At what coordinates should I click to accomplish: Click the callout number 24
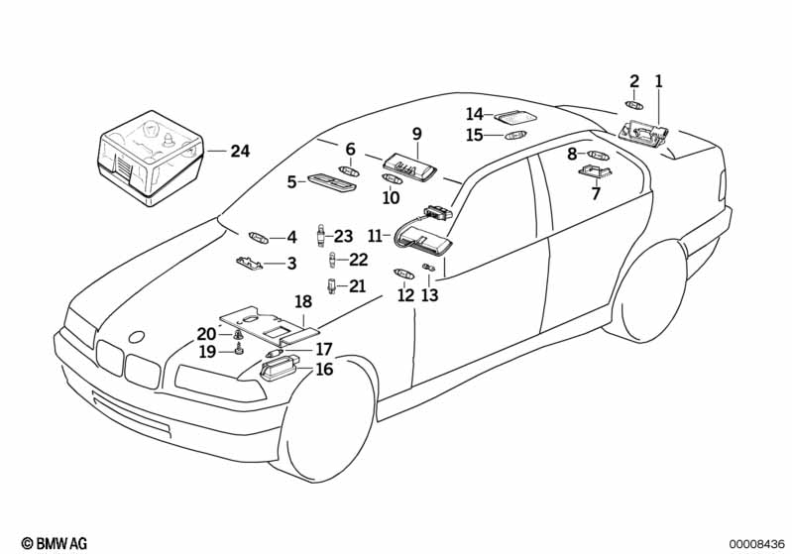pyautogui.click(x=240, y=152)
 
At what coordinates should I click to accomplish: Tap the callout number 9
pyautogui.click(x=416, y=133)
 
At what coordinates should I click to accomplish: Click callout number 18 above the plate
pyautogui.click(x=303, y=301)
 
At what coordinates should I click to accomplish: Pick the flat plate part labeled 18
pyautogui.click(x=268, y=327)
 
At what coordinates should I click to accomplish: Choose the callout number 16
pyautogui.click(x=324, y=370)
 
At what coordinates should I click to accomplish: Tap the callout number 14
pyautogui.click(x=475, y=114)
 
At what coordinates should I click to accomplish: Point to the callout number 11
pyautogui.click(x=375, y=236)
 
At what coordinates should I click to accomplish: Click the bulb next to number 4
pyautogui.click(x=259, y=237)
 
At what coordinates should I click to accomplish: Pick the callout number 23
pyautogui.click(x=343, y=236)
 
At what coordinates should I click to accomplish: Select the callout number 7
pyautogui.click(x=596, y=193)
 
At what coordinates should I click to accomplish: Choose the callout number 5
pyautogui.click(x=292, y=181)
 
